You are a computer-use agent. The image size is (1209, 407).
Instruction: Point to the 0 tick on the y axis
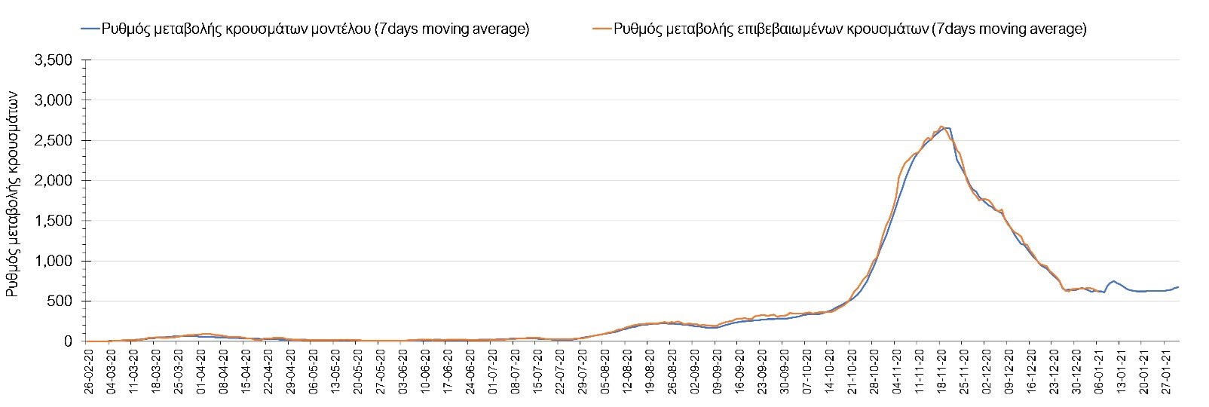tap(69, 341)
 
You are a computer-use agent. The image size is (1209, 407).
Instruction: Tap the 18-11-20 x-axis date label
tap(942, 369)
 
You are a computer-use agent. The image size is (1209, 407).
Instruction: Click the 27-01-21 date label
tap(1166, 369)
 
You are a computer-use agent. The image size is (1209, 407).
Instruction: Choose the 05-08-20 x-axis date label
tap(604, 369)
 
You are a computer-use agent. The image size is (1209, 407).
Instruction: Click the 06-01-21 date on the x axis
tap(1099, 369)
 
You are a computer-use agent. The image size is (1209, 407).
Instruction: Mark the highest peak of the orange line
tap(941, 126)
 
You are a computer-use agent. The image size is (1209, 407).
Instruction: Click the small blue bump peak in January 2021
tap(1113, 280)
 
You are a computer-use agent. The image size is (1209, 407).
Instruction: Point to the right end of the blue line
tap(1178, 286)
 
